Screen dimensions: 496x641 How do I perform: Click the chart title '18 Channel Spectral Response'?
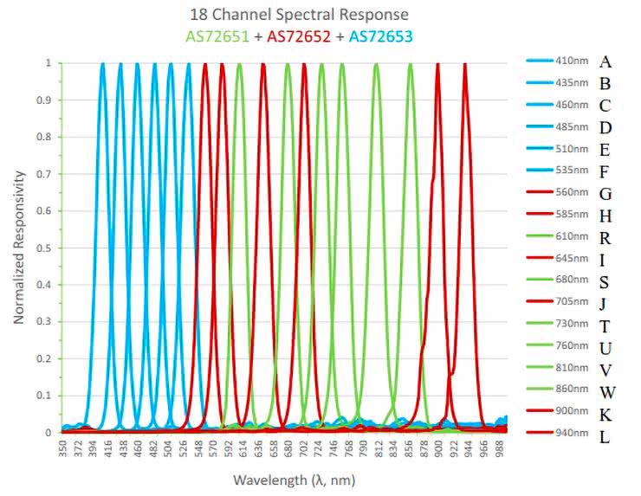[x=299, y=15]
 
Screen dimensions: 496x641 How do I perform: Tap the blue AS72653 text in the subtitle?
[x=381, y=35]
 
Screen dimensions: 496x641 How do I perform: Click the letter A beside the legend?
[x=605, y=62]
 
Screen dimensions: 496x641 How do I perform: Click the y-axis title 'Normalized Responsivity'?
[x=18, y=247]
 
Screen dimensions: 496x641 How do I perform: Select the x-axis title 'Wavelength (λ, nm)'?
[x=294, y=479]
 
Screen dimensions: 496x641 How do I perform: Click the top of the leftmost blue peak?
[x=103, y=65]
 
